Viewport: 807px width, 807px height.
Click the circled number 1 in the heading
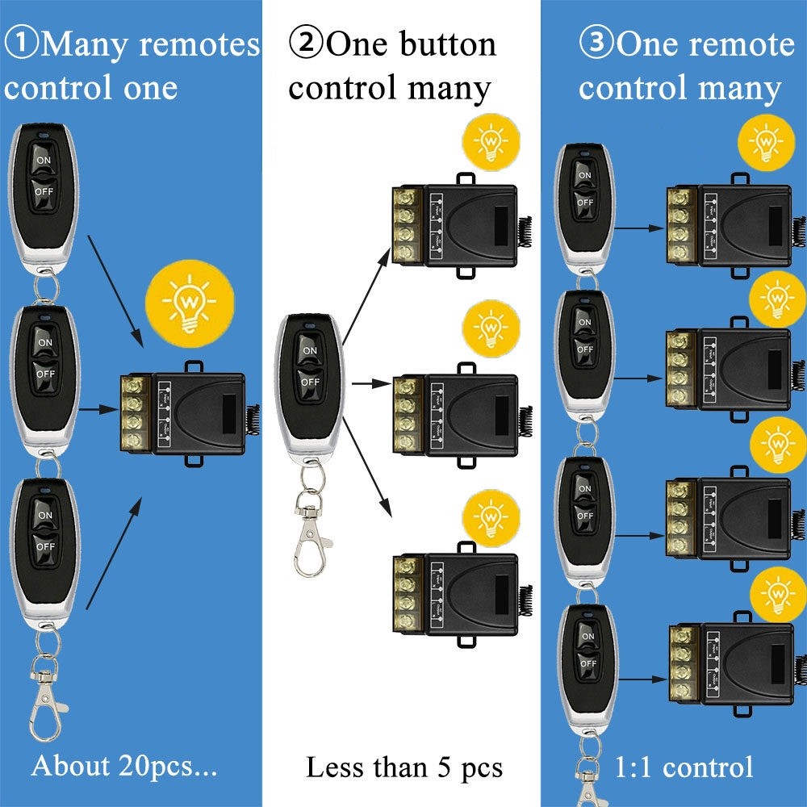point(21,44)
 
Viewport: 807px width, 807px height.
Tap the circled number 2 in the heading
point(307,44)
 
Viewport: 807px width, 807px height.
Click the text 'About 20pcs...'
point(124,766)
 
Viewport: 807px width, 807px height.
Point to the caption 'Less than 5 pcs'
point(403,767)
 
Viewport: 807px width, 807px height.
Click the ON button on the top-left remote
point(44,161)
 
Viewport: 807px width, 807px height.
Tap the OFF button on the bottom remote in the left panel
point(44,546)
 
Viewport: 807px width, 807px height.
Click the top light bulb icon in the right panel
point(764,144)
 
